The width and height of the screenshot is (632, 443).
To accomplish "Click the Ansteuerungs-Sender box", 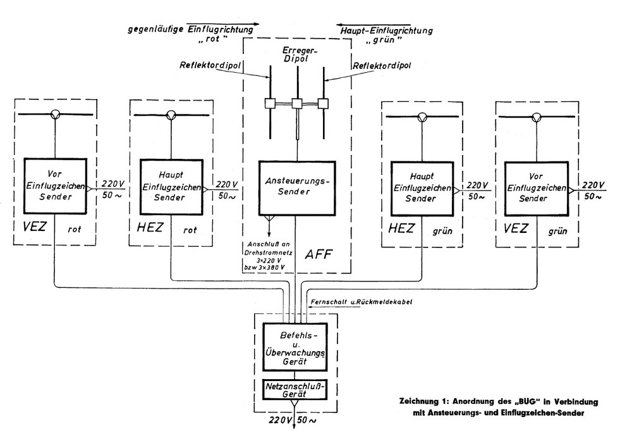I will [x=296, y=187].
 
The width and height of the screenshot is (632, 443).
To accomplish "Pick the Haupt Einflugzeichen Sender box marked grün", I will [x=422, y=187].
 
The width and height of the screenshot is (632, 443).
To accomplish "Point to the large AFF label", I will [x=319, y=254].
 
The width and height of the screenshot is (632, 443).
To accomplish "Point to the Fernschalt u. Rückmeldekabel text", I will [x=362, y=302].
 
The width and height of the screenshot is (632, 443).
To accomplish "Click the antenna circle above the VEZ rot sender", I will [x=56, y=114].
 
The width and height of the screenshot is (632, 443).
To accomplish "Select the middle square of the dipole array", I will [x=297, y=104].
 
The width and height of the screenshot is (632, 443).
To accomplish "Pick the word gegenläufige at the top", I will [x=152, y=29].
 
